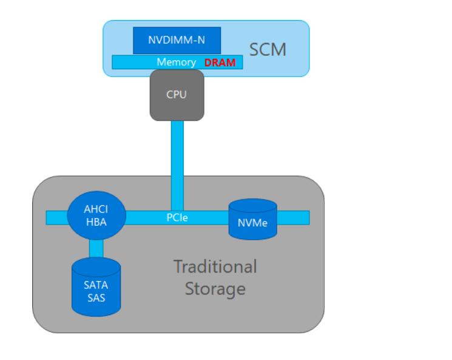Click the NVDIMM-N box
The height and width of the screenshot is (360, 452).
point(177,40)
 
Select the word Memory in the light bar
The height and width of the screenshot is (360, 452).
point(176,63)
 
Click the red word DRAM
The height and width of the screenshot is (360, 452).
point(220,63)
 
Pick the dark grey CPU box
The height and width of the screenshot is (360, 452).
point(177,95)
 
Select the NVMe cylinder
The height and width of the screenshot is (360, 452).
point(252,220)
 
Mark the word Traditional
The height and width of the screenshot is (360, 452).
point(215,267)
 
